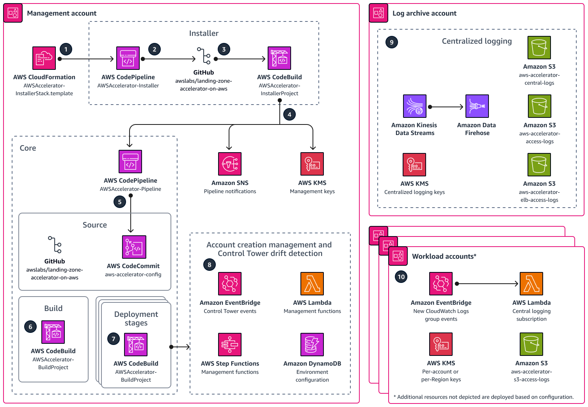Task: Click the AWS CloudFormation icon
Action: click(x=44, y=58)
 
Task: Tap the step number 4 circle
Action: click(x=289, y=115)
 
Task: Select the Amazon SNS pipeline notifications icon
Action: click(x=229, y=164)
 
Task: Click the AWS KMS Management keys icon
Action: click(x=312, y=164)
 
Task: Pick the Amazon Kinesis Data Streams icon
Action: click(x=414, y=106)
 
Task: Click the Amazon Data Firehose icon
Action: click(x=477, y=106)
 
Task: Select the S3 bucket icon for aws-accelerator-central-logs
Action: click(x=539, y=48)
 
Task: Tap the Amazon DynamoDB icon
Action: click(x=312, y=345)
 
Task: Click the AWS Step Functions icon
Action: click(x=229, y=345)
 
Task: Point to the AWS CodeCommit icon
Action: click(x=134, y=247)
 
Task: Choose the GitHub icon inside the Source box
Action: click(x=55, y=245)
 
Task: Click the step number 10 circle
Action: click(x=401, y=277)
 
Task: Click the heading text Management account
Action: click(x=62, y=13)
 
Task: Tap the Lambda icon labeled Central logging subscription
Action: click(x=531, y=284)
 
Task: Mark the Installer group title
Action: click(x=204, y=34)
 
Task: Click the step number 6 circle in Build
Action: click(x=30, y=327)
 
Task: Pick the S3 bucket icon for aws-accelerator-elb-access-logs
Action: click(x=539, y=165)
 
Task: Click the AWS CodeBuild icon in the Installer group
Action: click(x=279, y=58)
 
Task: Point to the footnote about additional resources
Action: click(x=483, y=397)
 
